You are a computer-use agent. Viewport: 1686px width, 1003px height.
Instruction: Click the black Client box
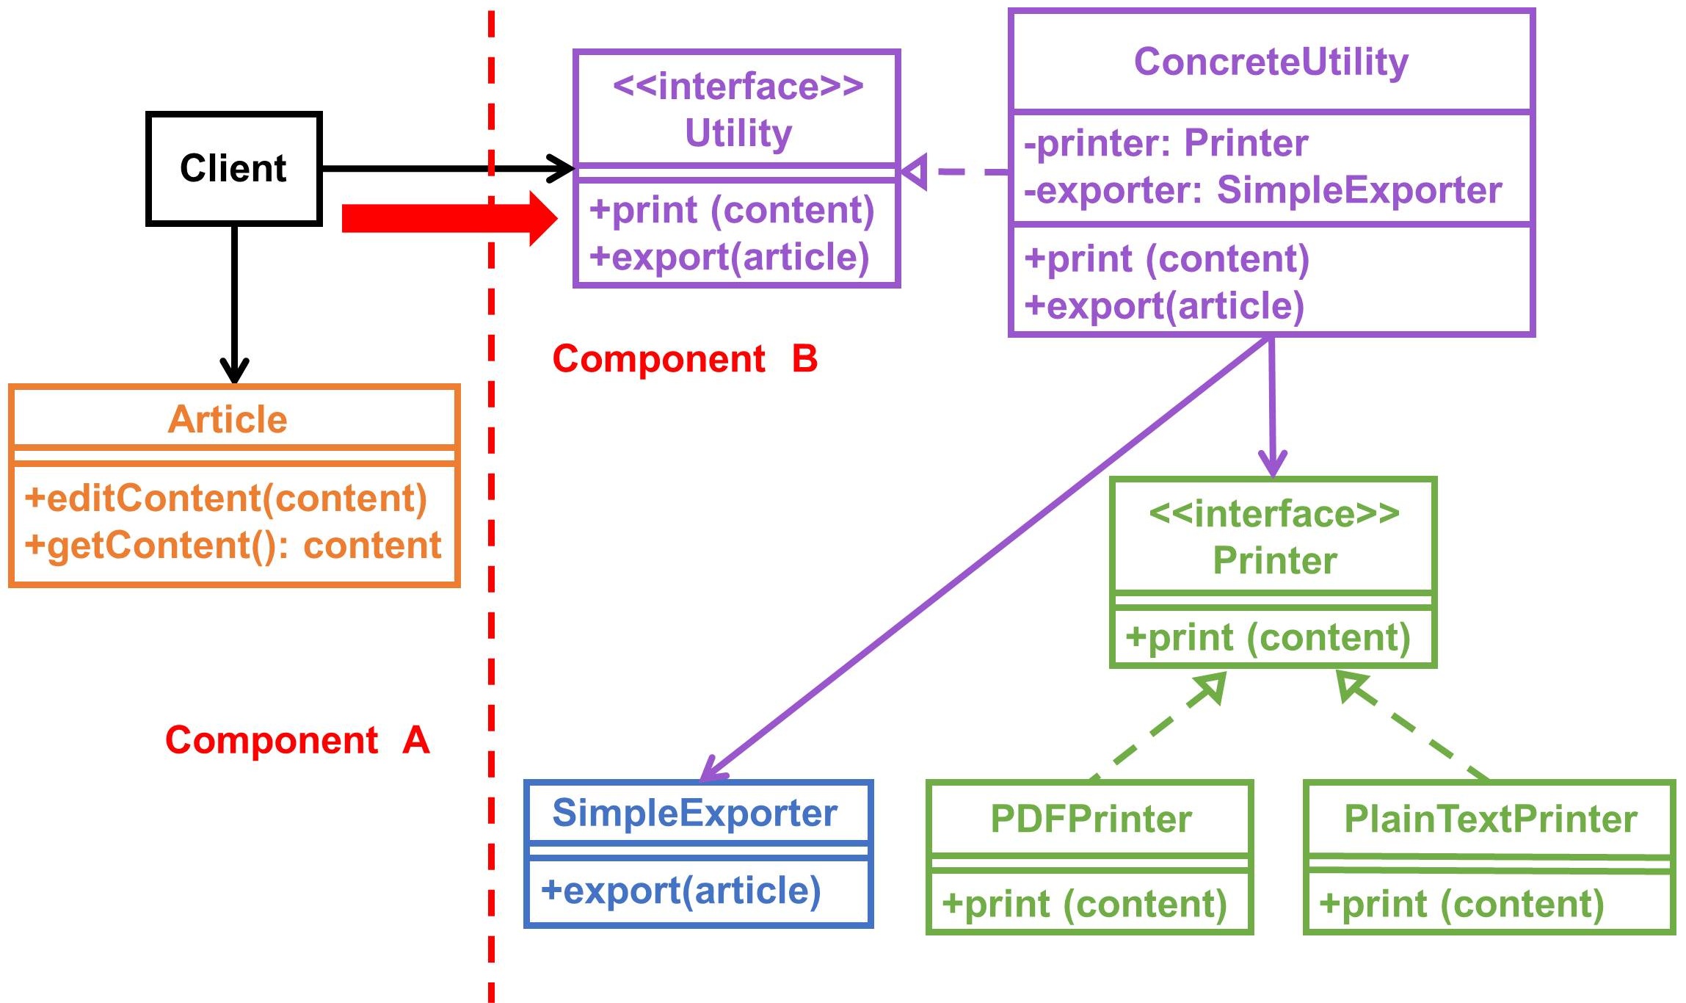click(x=233, y=168)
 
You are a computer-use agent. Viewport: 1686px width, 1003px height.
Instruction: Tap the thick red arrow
click(x=449, y=218)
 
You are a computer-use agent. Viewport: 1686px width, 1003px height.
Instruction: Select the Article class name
click(x=228, y=419)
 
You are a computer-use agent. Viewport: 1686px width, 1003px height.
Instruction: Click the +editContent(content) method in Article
click(x=226, y=498)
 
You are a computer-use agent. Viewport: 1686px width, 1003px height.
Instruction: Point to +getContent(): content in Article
click(x=233, y=545)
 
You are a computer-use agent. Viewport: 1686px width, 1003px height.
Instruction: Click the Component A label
click(x=297, y=739)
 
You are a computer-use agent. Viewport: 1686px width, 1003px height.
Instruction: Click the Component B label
click(x=685, y=359)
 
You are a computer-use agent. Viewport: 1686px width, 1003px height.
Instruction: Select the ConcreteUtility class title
click(x=1271, y=62)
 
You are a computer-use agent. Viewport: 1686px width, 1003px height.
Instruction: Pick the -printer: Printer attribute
click(x=1166, y=142)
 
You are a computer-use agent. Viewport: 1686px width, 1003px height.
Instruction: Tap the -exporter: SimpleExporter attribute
click(x=1262, y=190)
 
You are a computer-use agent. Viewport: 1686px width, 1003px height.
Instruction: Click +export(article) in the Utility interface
click(x=730, y=257)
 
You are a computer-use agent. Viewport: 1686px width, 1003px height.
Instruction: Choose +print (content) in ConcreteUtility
click(x=1167, y=258)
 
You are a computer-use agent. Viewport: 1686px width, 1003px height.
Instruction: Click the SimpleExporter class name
click(x=694, y=813)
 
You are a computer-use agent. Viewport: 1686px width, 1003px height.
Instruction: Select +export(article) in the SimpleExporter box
click(x=680, y=891)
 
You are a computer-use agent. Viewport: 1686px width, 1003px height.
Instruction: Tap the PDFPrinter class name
click(x=1091, y=819)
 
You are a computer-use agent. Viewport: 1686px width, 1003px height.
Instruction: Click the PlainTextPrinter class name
click(x=1490, y=819)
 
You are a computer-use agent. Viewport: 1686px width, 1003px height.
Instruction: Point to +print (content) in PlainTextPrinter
click(x=1461, y=904)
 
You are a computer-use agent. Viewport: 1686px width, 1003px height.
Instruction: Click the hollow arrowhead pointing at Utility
click(x=915, y=172)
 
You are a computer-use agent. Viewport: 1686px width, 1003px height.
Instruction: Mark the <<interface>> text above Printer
click(x=1274, y=513)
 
